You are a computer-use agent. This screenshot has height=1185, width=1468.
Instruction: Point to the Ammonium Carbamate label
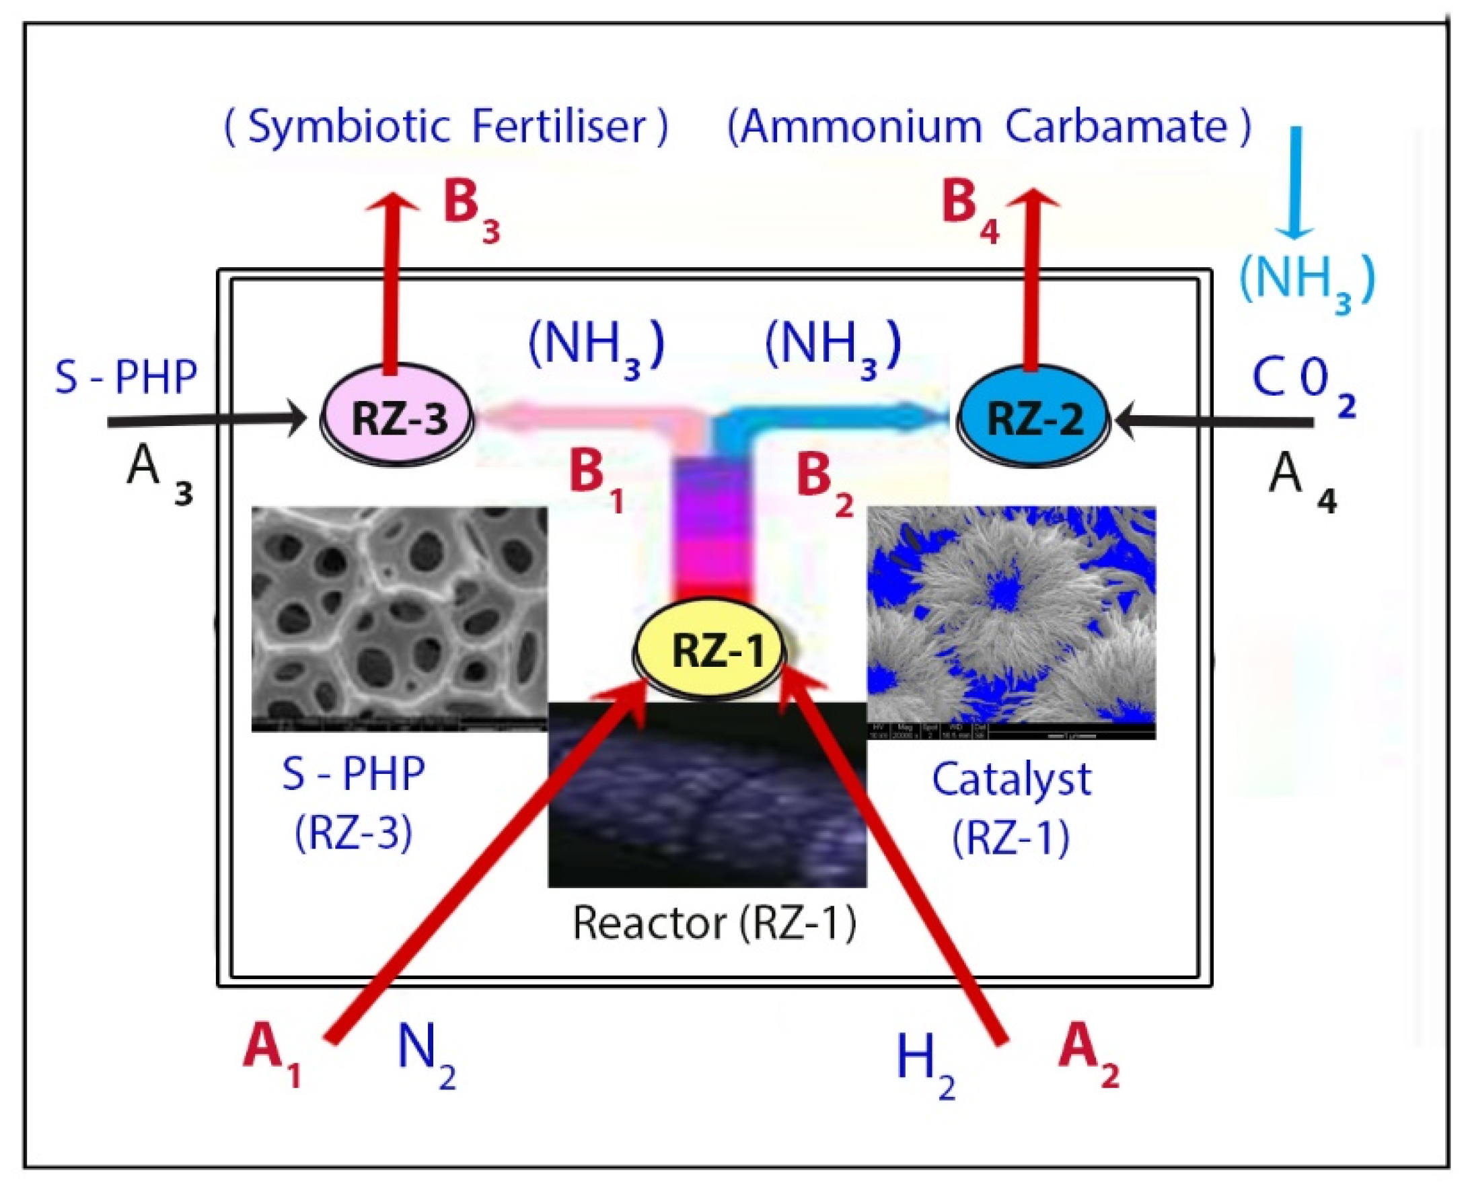click(989, 127)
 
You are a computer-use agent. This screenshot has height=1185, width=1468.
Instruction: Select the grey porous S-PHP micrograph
click(399, 618)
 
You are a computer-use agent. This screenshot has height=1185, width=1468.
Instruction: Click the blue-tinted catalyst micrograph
click(1011, 621)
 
